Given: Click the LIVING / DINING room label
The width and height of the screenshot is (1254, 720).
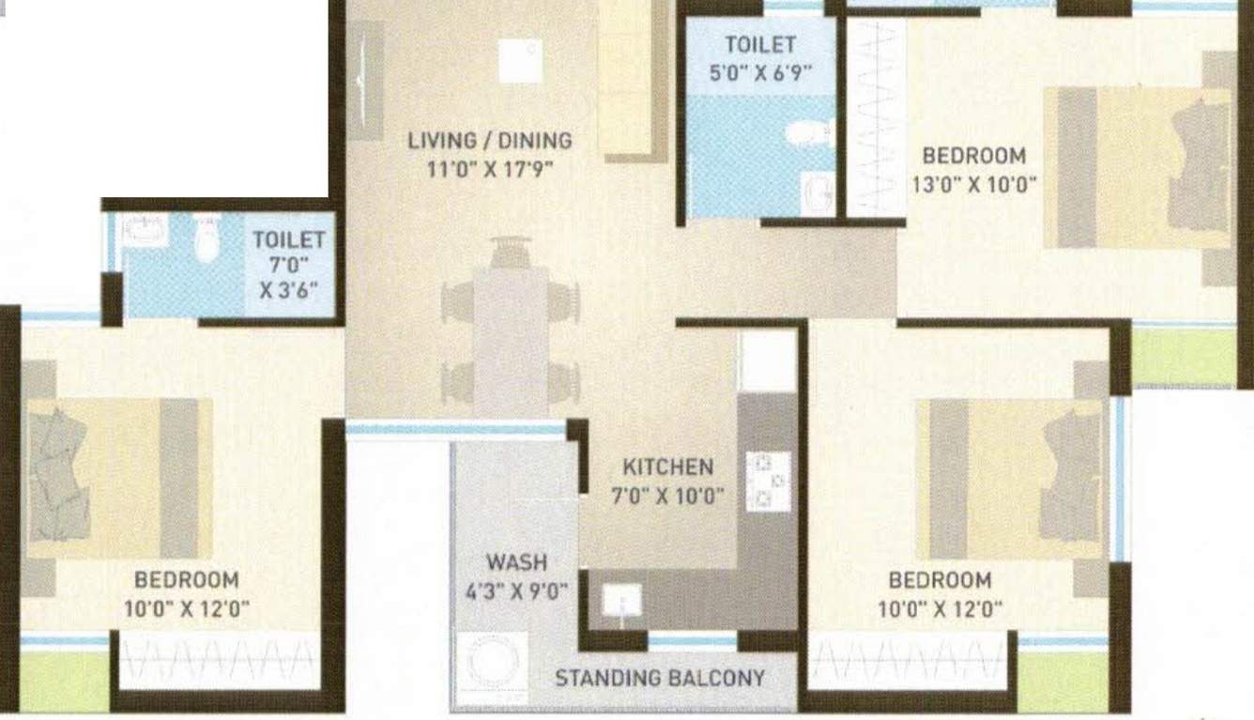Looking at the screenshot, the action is tap(490, 141).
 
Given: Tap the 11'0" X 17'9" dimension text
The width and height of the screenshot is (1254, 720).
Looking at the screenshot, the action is tap(490, 169).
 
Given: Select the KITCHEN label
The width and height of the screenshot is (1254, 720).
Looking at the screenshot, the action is tap(668, 467).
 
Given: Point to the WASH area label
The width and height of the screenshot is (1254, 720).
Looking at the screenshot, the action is tap(517, 562).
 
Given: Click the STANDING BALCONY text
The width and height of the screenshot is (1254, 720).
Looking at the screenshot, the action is tap(660, 679).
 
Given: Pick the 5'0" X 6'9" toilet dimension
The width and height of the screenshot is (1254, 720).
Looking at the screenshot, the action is tap(760, 72).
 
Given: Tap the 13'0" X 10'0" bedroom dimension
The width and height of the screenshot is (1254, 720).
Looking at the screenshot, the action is tap(974, 184).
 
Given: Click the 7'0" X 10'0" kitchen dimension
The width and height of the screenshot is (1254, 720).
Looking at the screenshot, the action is tap(668, 496).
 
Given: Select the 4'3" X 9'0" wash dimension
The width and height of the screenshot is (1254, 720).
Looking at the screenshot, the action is tap(517, 590).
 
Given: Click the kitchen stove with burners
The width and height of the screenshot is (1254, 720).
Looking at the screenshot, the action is tap(768, 482).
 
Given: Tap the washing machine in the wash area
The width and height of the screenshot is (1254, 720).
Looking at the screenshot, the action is tap(492, 666).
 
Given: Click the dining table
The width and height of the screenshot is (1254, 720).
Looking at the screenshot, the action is tap(511, 343).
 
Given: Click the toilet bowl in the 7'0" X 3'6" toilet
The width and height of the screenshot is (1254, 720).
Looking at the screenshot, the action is tap(206, 237).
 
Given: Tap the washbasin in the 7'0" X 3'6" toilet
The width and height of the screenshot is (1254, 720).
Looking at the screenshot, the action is tap(145, 230).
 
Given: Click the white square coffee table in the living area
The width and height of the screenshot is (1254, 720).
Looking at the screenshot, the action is tap(520, 61).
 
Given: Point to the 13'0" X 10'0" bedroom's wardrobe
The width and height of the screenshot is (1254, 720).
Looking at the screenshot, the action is tap(875, 117).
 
